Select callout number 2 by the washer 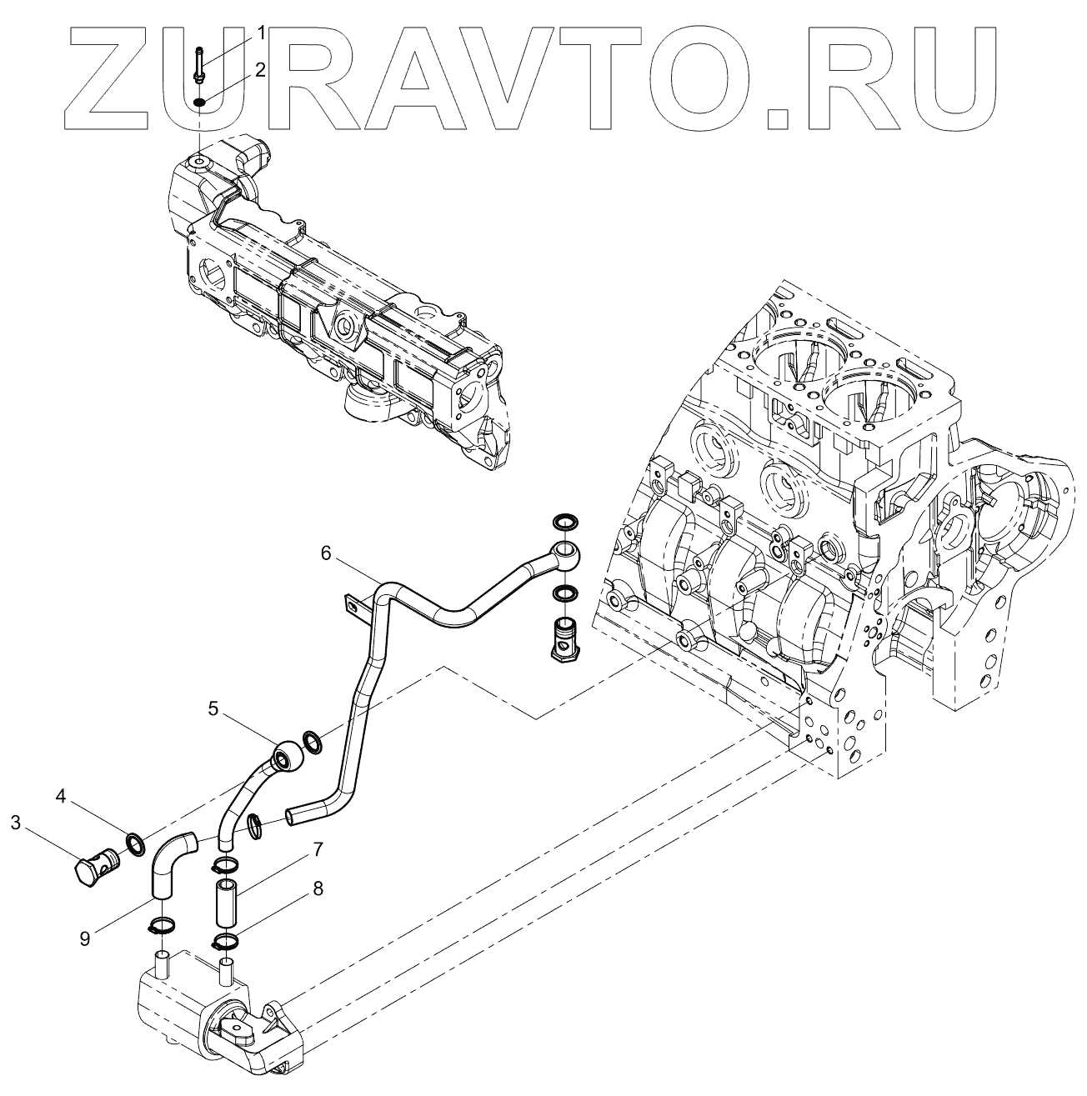(x=261, y=70)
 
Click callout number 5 (x=214, y=709)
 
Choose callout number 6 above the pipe (x=326, y=552)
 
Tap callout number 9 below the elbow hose (x=85, y=938)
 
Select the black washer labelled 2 (x=200, y=103)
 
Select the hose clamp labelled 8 (x=225, y=943)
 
